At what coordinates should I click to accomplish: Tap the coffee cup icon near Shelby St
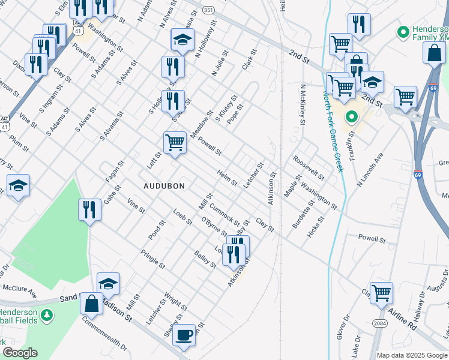[184, 334]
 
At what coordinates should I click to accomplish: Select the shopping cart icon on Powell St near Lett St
[175, 143]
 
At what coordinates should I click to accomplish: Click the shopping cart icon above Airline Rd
[381, 293]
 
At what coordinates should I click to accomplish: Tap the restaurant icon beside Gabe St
[89, 210]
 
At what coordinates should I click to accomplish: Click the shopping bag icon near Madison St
[92, 304]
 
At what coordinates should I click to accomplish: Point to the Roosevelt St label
[309, 169]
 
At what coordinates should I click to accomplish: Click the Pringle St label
[152, 259]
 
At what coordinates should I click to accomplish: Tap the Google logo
[20, 353]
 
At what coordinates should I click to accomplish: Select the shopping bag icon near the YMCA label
[434, 53]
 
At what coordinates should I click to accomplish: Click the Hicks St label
[315, 227]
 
